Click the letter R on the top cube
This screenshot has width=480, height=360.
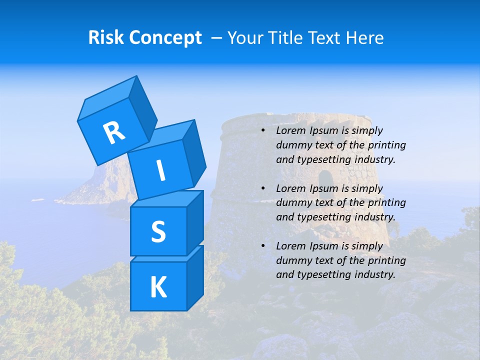114,132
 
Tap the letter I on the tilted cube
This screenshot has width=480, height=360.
160,170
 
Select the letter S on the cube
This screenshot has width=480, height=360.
158,231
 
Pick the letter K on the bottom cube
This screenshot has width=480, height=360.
158,287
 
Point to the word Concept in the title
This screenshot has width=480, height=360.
165,38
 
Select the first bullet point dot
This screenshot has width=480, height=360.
262,131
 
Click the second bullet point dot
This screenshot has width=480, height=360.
262,189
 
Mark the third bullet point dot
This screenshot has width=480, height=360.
262,246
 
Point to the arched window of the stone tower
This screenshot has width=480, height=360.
325,178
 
